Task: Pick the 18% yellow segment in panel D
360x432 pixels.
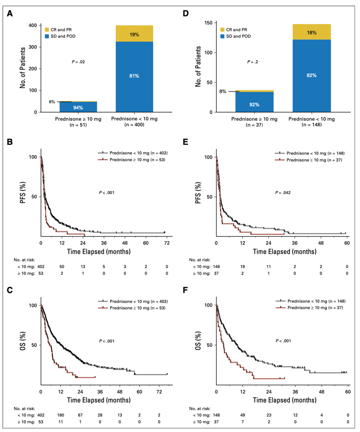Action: pyautogui.click(x=311, y=32)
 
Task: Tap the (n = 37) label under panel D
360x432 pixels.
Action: pyautogui.click(x=255, y=125)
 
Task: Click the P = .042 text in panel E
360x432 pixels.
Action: pyautogui.click(x=283, y=193)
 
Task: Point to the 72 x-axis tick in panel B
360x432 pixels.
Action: pyautogui.click(x=167, y=243)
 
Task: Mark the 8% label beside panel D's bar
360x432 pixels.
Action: pyautogui.click(x=222, y=91)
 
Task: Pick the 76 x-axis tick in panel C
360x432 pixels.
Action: pyautogui.click(x=167, y=392)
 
